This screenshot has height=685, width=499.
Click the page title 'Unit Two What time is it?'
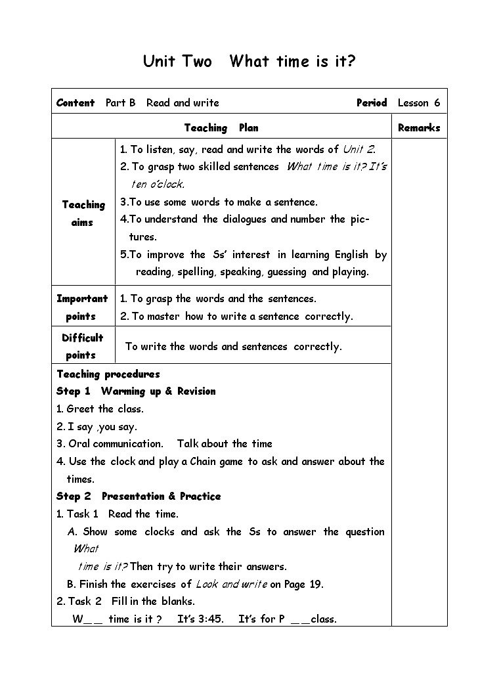pyautogui.click(x=249, y=62)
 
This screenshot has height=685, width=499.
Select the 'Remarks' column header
pyautogui.click(x=418, y=128)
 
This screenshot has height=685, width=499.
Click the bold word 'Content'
pyautogui.click(x=76, y=103)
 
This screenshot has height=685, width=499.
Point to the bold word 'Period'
pyautogui.click(x=372, y=103)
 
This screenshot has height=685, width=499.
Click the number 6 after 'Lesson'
pyautogui.click(x=437, y=103)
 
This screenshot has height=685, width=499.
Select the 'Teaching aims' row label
pyautogui.click(x=83, y=213)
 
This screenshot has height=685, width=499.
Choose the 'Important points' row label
pyautogui.click(x=82, y=307)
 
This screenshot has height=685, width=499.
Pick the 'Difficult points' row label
pyautogui.click(x=82, y=346)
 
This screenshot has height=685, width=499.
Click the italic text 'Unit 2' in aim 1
pyautogui.click(x=358, y=150)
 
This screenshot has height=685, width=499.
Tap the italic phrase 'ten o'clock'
pyautogui.click(x=158, y=185)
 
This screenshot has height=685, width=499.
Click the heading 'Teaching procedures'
pyautogui.click(x=108, y=374)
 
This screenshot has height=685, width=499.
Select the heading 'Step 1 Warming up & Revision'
pyautogui.click(x=136, y=391)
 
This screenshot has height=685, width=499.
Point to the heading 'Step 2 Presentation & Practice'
pyautogui.click(x=139, y=497)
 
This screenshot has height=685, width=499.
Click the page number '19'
pyautogui.click(x=315, y=584)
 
